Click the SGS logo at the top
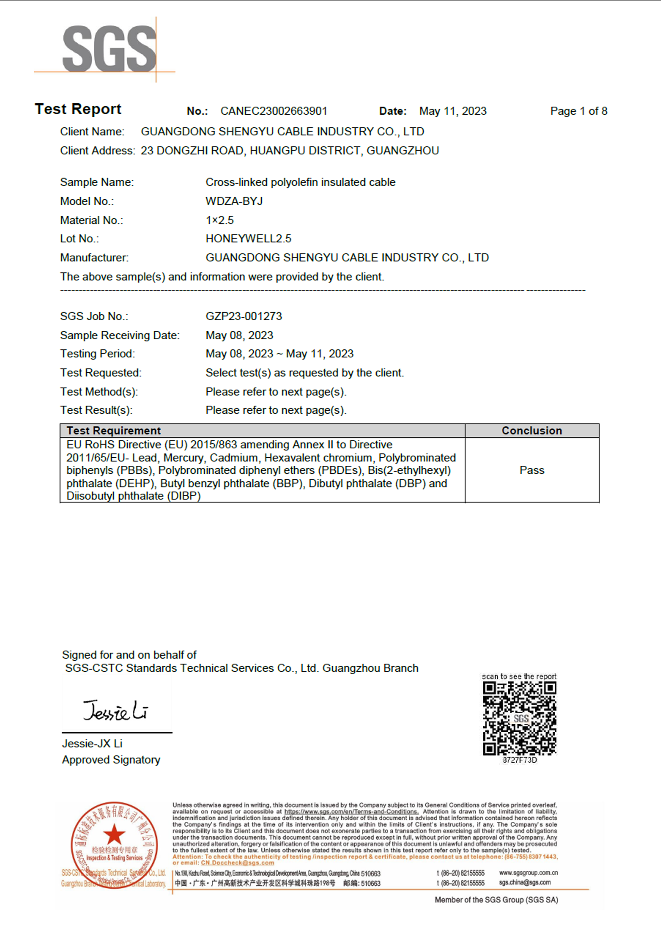(109, 49)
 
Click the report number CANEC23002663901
(274, 111)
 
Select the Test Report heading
(78, 109)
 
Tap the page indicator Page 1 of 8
(578, 111)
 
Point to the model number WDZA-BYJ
(234, 201)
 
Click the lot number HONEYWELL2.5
(248, 239)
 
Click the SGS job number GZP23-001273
(244, 316)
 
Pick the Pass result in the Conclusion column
(532, 470)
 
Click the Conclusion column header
(532, 431)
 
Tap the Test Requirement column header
(113, 431)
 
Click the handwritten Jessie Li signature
(116, 711)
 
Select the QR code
(519, 718)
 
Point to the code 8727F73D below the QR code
(519, 760)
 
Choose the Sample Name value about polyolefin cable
(300, 182)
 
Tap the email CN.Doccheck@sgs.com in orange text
(237, 863)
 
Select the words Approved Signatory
(111, 760)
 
